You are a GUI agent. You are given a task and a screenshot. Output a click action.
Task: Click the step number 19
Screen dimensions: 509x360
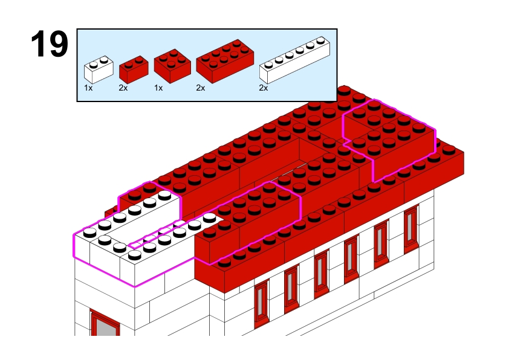[x=50, y=43]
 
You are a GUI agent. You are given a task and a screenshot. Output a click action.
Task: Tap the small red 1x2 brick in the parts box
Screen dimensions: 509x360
[x=134, y=69]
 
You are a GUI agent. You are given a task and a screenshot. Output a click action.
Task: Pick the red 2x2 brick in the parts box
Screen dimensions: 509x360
[x=172, y=66]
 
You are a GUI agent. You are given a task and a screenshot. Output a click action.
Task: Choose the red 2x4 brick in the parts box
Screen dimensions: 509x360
[x=225, y=61]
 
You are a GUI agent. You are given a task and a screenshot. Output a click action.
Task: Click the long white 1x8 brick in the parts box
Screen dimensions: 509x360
[x=294, y=60]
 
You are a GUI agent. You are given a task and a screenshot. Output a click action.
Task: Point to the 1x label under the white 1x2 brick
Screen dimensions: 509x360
[x=88, y=88]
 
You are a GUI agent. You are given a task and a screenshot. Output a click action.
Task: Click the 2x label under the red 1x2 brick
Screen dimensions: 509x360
[x=123, y=88]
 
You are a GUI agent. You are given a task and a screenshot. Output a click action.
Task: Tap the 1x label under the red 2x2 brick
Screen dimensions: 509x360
[x=158, y=88]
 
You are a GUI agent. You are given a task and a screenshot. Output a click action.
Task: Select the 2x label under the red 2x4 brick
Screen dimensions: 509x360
[x=201, y=88]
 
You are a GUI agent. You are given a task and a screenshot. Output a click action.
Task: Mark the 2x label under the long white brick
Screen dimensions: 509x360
[x=263, y=88]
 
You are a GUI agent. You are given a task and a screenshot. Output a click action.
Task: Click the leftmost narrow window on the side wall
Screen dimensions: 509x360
[x=261, y=303]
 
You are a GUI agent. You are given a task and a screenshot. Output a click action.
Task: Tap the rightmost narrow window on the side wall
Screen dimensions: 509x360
[x=411, y=229]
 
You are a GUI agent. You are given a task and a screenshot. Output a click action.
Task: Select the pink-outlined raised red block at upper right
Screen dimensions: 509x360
[x=389, y=140]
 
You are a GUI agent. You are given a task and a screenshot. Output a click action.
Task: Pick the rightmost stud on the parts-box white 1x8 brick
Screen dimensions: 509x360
[x=321, y=40]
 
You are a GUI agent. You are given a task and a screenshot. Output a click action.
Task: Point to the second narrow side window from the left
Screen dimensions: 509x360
[x=291, y=288]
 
